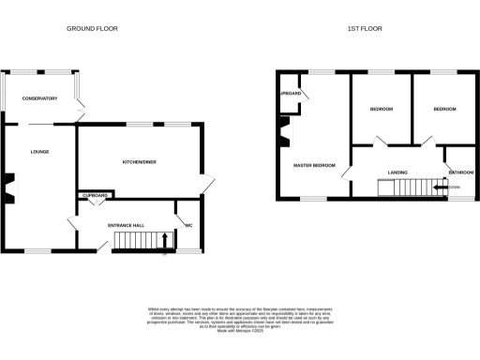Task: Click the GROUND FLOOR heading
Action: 91,29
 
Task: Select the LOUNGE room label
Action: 38,151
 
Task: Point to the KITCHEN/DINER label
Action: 139,162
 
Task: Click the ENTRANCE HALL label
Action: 126,226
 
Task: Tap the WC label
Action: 188,226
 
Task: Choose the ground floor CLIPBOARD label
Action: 96,195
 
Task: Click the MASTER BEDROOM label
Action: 314,166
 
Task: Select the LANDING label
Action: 397,172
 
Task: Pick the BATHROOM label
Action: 459,172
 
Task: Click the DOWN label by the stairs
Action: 456,187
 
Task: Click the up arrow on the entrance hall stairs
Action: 165,241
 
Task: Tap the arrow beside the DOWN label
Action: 442,187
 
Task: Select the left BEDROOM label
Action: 381,110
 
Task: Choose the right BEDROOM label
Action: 443,110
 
